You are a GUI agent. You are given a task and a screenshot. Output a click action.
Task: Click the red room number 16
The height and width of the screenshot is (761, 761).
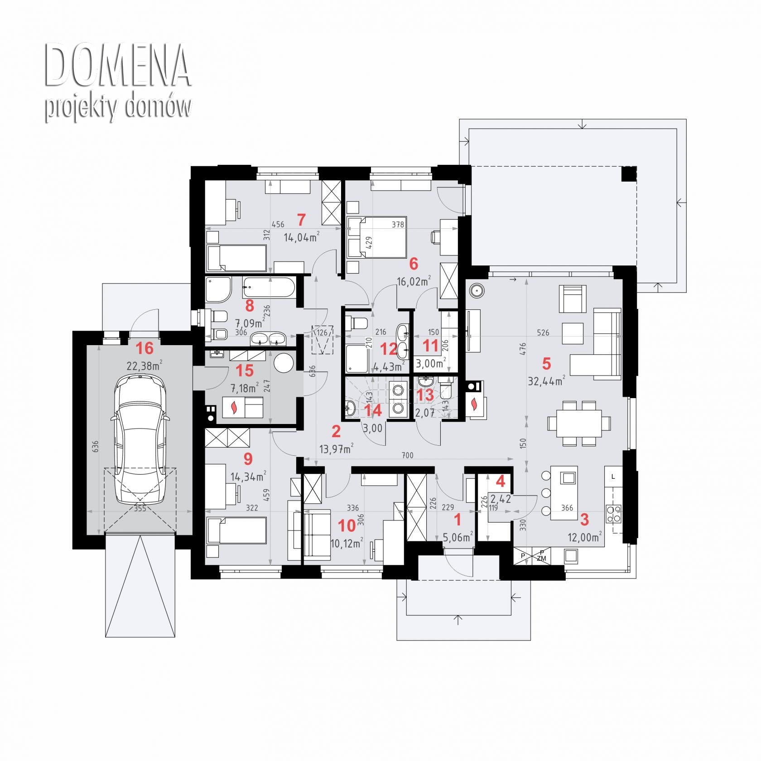tap(144, 348)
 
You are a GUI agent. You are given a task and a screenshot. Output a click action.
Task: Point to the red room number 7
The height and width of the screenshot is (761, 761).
tap(301, 220)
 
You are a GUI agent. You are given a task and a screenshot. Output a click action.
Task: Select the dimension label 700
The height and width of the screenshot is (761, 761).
tap(407, 455)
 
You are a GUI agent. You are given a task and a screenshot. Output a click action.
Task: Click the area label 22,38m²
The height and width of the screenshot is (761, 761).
tap(144, 366)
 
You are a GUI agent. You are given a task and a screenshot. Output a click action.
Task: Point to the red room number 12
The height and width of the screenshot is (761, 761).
tap(389, 349)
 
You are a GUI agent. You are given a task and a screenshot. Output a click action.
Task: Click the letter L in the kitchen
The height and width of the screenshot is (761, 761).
tap(613, 477)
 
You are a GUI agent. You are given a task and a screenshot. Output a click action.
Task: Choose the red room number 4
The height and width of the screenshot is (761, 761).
tap(501, 481)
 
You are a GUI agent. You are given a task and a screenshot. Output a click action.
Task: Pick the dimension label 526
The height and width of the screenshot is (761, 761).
tap(543, 332)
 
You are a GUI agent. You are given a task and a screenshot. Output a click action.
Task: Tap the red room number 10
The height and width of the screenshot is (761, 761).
tap(347, 525)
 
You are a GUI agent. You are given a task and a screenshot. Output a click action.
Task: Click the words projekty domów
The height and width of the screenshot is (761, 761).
tap(118, 107)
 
